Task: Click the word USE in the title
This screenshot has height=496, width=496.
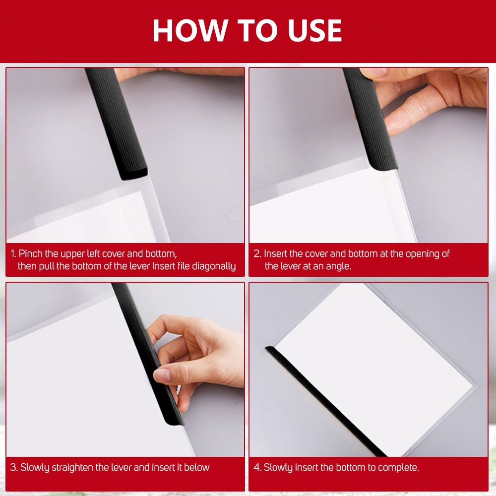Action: [x=315, y=30]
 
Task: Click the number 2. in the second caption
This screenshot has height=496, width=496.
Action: [x=257, y=253]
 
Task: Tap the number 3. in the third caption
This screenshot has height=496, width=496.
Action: [x=13, y=468]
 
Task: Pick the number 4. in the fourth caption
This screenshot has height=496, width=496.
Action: [x=257, y=468]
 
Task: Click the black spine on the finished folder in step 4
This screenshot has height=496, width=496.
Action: [x=326, y=402]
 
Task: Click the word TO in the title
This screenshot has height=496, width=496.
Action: [x=257, y=30]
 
